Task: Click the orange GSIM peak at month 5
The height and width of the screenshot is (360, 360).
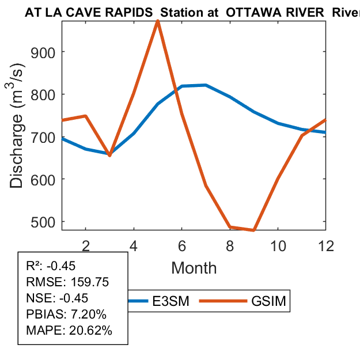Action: tap(158, 21)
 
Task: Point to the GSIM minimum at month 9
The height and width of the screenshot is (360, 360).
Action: tap(254, 230)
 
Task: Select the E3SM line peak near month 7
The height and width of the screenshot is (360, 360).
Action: tap(206, 85)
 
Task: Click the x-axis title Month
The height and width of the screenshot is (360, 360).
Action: tap(194, 267)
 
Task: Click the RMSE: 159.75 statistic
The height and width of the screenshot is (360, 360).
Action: tap(67, 282)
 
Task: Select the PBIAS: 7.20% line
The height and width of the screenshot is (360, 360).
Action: tap(66, 314)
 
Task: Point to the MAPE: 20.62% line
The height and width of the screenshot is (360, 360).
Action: tap(69, 331)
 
